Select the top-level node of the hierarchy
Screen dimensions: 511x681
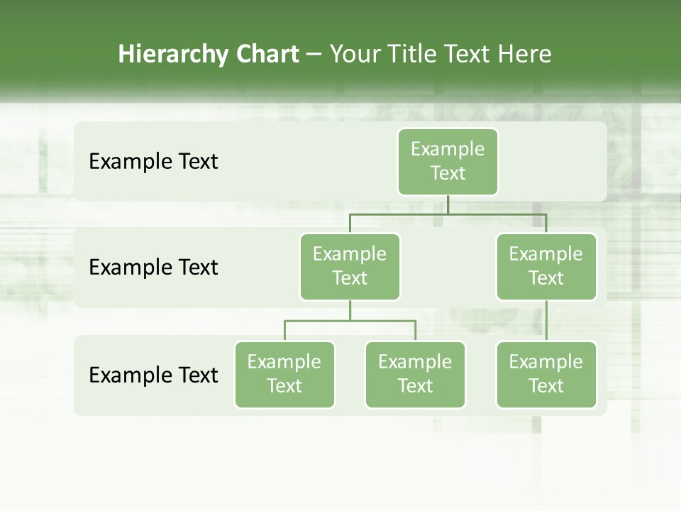[448, 161]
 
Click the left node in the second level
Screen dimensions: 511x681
[350, 266]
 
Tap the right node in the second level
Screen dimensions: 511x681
[546, 266]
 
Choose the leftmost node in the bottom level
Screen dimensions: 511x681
[284, 374]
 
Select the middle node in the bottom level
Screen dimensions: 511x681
[415, 374]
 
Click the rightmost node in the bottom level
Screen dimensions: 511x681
[546, 374]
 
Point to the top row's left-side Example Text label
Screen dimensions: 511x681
[153, 162]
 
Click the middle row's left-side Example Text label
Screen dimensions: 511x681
[153, 268]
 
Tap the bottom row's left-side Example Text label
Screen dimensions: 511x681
[153, 375]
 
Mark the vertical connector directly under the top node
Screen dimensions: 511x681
[448, 204]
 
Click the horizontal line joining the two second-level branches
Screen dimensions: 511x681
[448, 214]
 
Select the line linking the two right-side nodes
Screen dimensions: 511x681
[546, 321]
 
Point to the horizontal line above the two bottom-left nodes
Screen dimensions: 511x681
[350, 321]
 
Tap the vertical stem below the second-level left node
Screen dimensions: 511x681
[350, 310]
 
